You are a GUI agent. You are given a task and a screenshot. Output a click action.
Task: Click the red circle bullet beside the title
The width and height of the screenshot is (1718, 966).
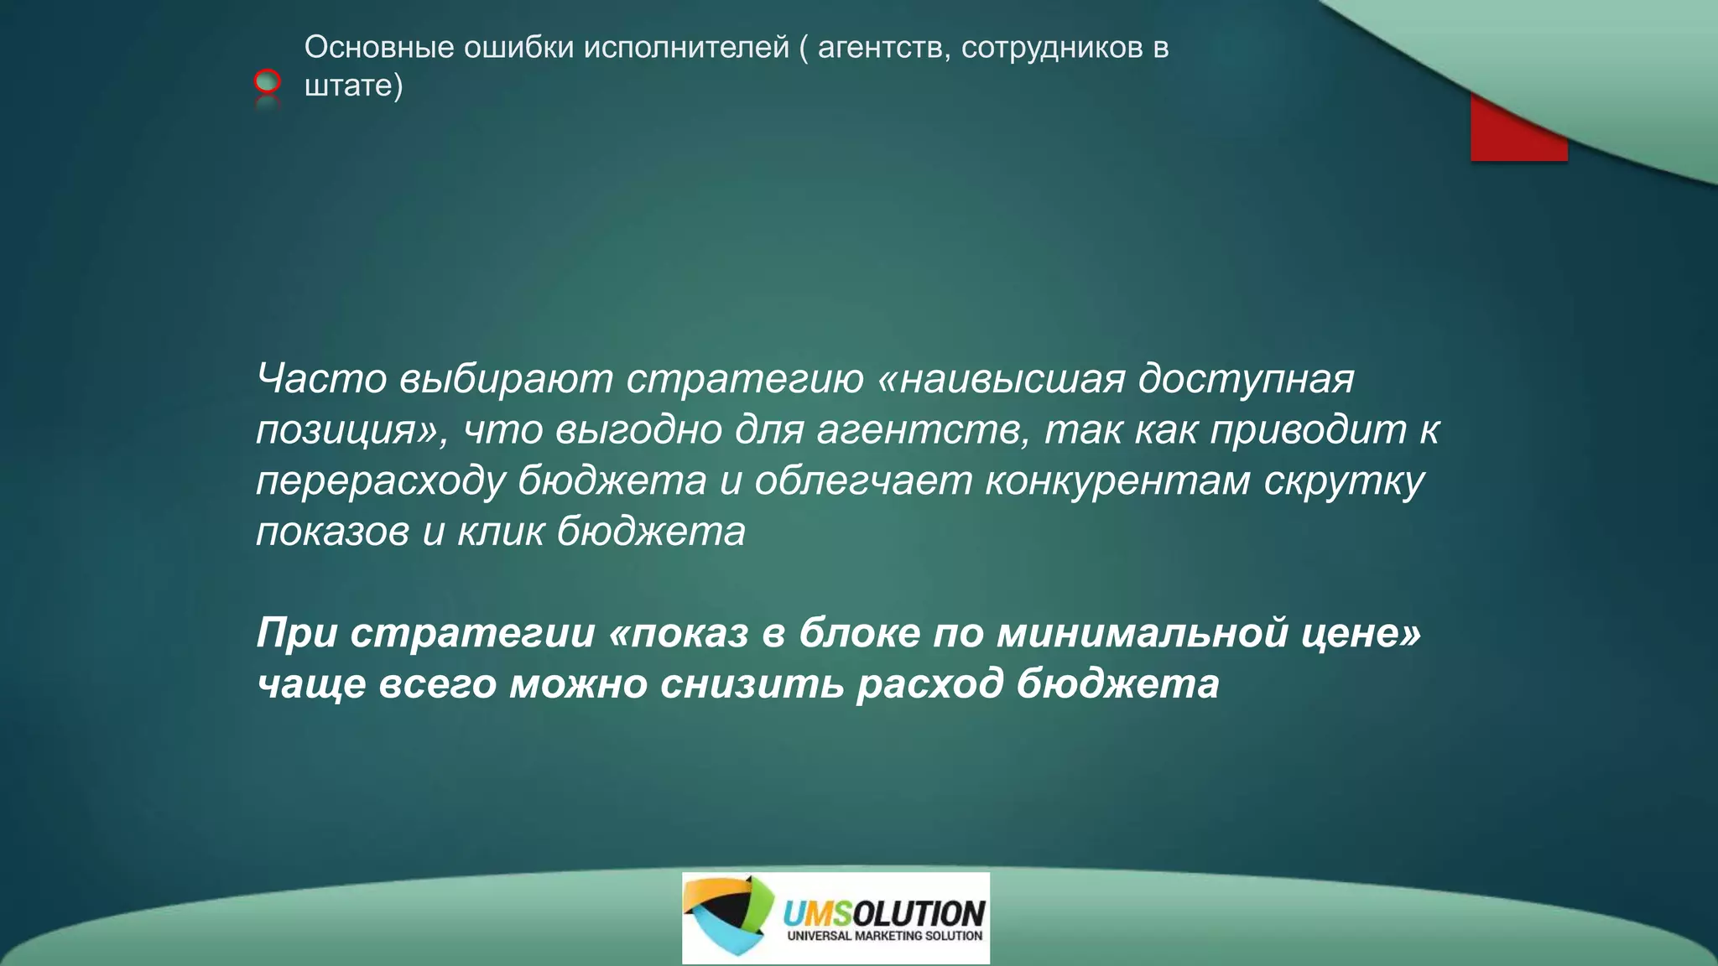[267, 81]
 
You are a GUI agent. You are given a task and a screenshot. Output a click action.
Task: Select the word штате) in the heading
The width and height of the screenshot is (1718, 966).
[353, 86]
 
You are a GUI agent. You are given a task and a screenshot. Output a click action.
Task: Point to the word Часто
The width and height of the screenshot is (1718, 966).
[321, 378]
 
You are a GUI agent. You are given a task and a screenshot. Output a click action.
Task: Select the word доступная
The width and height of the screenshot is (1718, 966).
[1247, 378]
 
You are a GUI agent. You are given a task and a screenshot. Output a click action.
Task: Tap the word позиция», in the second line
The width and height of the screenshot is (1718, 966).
[352, 430]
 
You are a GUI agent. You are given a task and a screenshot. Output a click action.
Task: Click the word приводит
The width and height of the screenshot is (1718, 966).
[1309, 429]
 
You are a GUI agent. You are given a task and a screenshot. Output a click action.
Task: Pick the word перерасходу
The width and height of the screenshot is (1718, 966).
[381, 481]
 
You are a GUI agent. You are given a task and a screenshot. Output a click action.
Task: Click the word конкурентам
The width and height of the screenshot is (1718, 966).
[1117, 480]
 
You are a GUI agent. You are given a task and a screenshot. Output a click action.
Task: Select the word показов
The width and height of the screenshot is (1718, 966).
[332, 532]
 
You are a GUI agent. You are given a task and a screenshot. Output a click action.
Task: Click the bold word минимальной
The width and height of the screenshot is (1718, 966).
[1143, 632]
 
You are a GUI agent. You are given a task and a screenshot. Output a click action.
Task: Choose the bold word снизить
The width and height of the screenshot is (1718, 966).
[752, 683]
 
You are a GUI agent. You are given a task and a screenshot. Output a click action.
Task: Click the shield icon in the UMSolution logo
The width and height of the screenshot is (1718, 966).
[728, 916]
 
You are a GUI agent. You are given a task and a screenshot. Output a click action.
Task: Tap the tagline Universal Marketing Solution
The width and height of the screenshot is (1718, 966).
[884, 936]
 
